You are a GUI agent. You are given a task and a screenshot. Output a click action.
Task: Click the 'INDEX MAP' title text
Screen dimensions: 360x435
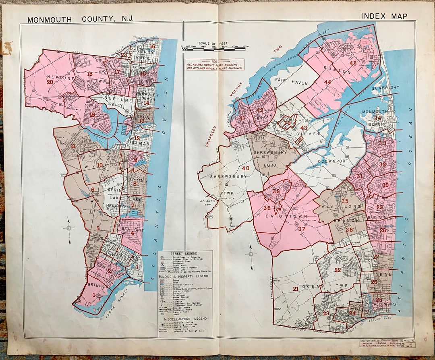pyautogui.click(x=384, y=16)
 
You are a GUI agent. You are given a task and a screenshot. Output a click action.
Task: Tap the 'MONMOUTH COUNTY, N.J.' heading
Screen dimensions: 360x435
pyautogui.click(x=80, y=19)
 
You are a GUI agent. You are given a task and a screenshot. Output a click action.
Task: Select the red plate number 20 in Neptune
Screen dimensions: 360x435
pyautogui.click(x=50, y=82)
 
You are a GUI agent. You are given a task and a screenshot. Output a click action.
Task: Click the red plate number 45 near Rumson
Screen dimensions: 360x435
pyautogui.click(x=353, y=64)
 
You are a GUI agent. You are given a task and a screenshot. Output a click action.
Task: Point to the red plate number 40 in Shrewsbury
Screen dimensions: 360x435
pyautogui.click(x=245, y=168)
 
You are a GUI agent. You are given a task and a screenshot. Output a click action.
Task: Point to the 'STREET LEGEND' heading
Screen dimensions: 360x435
pyautogui.click(x=184, y=253)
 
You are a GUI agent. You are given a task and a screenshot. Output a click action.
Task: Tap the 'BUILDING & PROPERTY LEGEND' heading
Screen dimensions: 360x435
pyautogui.click(x=185, y=276)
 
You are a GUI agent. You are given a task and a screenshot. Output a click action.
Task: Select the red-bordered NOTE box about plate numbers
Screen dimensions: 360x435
pyautogui.click(x=215, y=64)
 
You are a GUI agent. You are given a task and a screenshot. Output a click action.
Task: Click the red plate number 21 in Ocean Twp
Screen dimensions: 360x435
pyautogui.click(x=296, y=289)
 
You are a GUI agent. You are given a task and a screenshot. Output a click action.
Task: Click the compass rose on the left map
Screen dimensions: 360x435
pyautogui.click(x=69, y=229)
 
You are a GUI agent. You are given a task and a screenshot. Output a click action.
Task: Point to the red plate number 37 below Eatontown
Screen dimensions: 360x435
pyautogui.click(x=302, y=229)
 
